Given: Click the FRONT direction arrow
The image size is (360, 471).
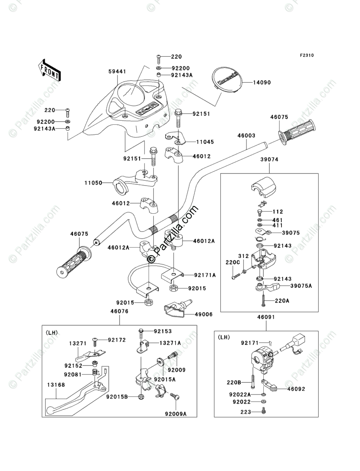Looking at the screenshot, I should [x=50, y=69].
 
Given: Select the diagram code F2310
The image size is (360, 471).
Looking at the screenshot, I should [x=306, y=56].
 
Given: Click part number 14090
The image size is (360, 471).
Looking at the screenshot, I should [x=262, y=83].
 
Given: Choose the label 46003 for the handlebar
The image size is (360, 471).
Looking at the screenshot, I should [x=246, y=136].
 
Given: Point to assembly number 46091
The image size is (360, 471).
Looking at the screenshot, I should [x=266, y=317].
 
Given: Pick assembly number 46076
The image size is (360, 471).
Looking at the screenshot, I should [x=119, y=311].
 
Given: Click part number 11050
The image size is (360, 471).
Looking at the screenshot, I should [x=93, y=182].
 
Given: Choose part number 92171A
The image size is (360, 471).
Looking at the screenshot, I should [x=205, y=275].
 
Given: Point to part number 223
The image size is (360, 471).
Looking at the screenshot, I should [x=246, y=412].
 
